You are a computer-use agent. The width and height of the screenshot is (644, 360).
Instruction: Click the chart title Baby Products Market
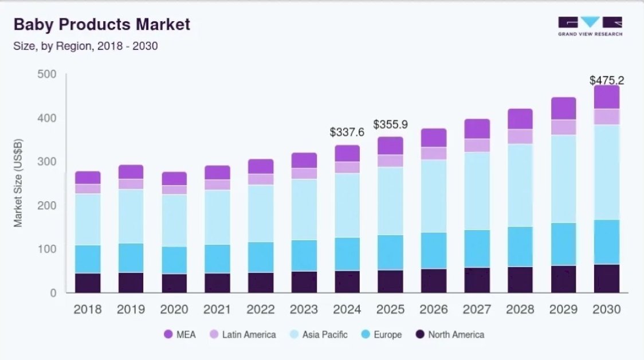pos(101,25)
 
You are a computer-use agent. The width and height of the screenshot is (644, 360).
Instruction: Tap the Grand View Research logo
pos(590,26)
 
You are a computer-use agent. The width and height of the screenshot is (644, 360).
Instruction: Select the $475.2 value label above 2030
pos(607,80)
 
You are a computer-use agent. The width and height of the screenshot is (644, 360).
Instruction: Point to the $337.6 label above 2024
pos(347,132)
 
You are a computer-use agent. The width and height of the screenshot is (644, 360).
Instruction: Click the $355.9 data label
pos(390,124)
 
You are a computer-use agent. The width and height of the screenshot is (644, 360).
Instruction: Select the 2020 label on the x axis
pos(174,310)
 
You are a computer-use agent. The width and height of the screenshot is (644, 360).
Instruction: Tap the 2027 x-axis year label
pos(477,310)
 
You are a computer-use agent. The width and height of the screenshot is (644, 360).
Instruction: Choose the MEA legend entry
pos(179,335)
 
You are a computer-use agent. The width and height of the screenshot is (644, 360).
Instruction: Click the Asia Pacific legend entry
pos(318,335)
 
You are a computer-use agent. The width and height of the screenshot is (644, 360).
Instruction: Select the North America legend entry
pos(450,335)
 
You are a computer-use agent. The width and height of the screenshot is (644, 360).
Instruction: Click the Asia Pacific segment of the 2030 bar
pos(606,172)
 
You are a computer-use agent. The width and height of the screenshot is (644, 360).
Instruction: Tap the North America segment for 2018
pos(88,283)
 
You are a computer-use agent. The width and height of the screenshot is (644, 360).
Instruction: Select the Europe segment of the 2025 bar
pos(390,252)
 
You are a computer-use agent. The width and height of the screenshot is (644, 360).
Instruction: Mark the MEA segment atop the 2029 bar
pos(563,108)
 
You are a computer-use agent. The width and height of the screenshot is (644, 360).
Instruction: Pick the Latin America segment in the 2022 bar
pos(261,179)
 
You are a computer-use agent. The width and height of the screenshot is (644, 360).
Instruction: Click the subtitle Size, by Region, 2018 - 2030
pos(85,46)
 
